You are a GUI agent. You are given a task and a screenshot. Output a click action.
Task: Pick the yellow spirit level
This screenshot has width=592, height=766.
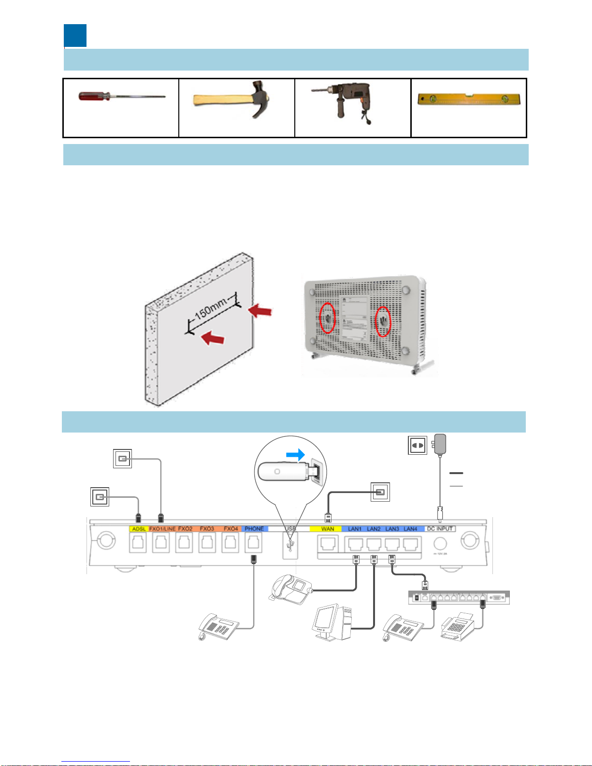point(468,100)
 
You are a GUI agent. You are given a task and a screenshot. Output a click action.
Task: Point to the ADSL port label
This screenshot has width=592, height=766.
point(138,529)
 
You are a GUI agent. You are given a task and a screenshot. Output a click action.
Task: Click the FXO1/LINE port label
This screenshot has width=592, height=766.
point(162,529)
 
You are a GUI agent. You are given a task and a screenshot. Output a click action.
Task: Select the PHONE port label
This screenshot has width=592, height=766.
point(254,529)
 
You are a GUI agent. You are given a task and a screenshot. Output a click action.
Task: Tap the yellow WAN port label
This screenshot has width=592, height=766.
point(327,529)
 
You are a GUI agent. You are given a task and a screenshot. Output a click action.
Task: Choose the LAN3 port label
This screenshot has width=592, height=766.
point(392,529)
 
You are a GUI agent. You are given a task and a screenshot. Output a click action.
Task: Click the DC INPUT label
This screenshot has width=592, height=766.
point(440,529)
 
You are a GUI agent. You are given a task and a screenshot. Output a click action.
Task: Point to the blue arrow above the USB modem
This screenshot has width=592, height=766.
point(295,455)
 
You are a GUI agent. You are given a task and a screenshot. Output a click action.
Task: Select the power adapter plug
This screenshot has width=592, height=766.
point(440,444)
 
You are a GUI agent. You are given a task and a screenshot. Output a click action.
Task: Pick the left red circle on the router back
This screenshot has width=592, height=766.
point(328,318)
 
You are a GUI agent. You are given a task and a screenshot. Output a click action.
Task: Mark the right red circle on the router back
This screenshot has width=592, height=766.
point(383,321)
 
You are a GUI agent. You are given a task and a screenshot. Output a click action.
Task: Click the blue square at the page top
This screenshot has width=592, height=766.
point(75,36)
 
